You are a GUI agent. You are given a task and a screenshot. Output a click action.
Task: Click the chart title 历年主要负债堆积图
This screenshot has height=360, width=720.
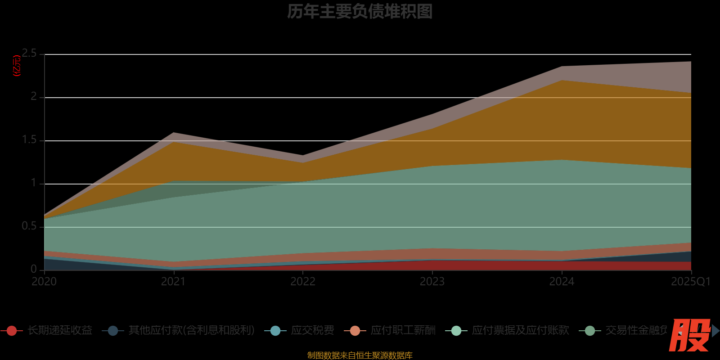coord(360,12)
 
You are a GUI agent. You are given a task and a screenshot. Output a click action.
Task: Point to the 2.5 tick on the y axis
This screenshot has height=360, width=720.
coord(30,54)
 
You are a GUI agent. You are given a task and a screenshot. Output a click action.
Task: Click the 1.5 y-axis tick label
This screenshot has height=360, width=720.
coord(30,140)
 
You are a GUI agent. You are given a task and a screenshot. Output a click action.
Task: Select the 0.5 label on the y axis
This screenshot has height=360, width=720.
coord(30,226)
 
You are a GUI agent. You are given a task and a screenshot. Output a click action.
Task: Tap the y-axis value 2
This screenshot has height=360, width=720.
coord(34,96)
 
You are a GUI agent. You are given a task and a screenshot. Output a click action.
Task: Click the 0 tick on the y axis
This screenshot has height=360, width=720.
coord(34,269)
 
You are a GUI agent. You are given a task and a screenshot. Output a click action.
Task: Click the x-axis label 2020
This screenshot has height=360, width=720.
coord(44,282)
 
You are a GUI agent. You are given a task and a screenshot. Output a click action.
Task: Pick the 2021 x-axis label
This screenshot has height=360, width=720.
coord(173,282)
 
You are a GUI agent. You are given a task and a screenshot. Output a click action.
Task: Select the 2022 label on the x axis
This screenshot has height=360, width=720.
coord(302,282)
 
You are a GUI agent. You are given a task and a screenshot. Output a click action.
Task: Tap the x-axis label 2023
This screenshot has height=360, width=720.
coord(432,282)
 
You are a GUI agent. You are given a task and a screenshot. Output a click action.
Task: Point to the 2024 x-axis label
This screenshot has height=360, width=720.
coord(561,282)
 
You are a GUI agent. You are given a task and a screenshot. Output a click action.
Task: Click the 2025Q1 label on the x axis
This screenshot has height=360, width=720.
coord(690,282)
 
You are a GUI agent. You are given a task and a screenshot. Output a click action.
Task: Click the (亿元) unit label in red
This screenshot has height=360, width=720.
coord(17,66)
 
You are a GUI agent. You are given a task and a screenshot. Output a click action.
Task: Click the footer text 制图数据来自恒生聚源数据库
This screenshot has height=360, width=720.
coord(360,355)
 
